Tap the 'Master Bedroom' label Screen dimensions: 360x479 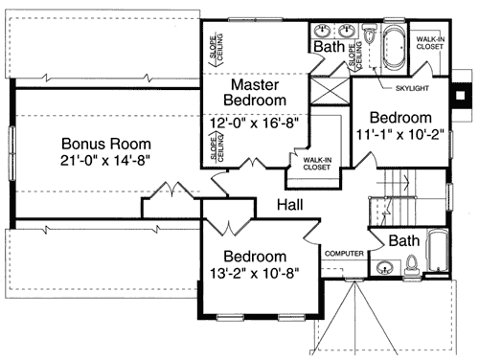(x=255, y=91)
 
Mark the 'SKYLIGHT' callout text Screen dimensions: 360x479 (x=413, y=88)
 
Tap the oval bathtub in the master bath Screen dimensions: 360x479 (x=395, y=47)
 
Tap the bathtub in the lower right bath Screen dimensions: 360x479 (x=436, y=252)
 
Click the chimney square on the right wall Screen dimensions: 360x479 (x=464, y=94)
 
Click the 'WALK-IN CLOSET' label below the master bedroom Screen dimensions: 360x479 (x=317, y=163)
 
